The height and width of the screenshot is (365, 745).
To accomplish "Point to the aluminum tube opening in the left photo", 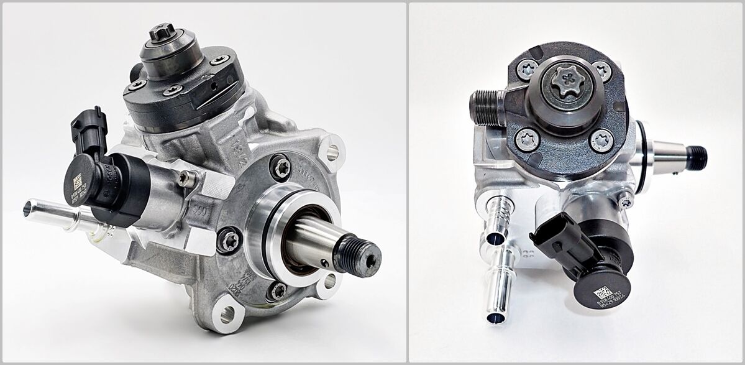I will (28, 208).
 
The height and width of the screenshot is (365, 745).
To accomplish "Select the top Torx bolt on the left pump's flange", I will (280, 166).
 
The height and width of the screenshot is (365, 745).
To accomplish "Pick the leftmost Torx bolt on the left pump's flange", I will (229, 239).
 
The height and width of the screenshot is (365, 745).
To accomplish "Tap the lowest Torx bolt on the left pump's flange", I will (278, 290).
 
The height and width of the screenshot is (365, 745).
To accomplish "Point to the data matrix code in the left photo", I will (78, 182).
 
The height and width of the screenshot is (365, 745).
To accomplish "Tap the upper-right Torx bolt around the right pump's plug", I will (601, 70).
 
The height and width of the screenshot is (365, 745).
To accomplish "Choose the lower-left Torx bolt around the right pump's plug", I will (527, 139).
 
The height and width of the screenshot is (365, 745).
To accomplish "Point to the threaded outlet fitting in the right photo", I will (488, 107).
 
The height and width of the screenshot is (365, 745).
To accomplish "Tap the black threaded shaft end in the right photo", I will (697, 157).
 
